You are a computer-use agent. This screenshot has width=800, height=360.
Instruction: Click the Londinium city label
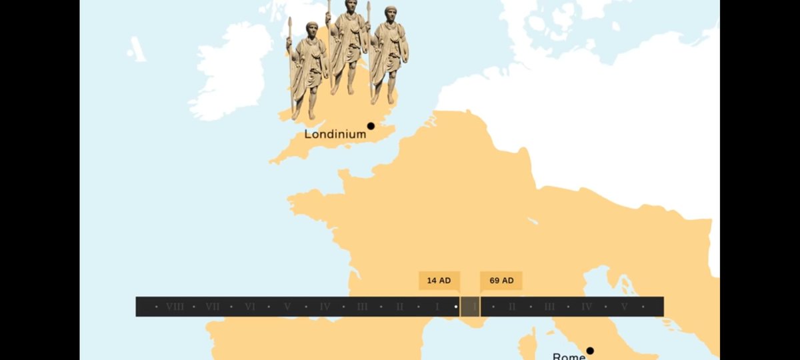click(335, 134)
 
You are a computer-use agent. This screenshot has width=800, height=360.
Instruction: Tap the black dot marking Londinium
click(371, 125)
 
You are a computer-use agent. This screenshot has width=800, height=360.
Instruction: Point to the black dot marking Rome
click(590, 351)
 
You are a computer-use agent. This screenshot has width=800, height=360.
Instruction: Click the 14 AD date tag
click(439, 281)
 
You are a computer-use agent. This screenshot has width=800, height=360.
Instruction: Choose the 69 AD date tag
click(501, 281)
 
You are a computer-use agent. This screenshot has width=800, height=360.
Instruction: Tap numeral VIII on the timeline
click(175, 307)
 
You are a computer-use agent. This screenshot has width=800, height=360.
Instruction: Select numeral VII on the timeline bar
click(213, 307)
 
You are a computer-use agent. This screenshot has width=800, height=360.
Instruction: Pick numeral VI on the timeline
click(250, 307)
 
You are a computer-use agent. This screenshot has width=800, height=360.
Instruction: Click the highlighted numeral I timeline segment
click(471, 307)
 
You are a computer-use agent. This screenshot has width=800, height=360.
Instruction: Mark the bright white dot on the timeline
click(456, 307)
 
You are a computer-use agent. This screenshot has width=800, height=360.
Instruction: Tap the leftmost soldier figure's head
click(311, 29)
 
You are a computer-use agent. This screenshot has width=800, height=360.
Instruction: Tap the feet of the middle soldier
click(343, 90)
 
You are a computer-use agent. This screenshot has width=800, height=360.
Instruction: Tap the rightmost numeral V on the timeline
click(624, 307)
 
